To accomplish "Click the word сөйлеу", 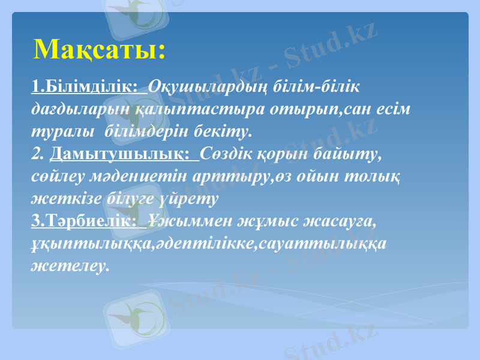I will tap(55, 177).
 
